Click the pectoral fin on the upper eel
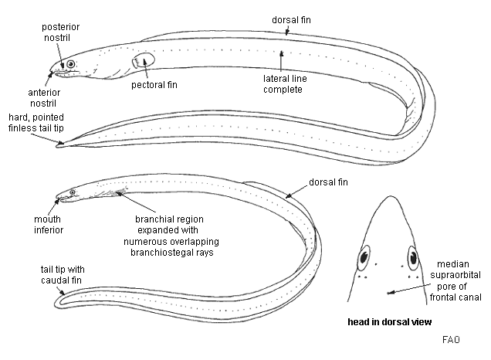click(x=144, y=60)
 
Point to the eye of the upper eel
click(x=71, y=64)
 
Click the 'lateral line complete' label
click(x=281, y=84)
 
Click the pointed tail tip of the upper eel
click(x=58, y=144)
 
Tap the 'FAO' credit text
click(x=452, y=339)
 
